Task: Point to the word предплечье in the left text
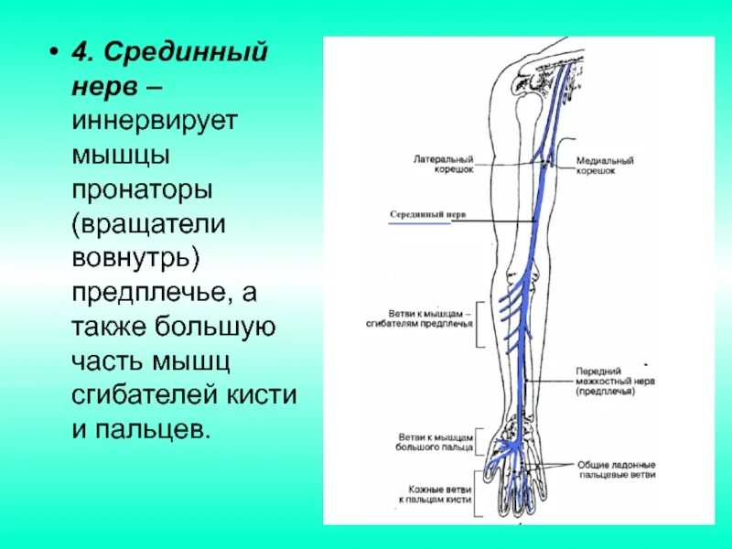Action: tap(145, 292)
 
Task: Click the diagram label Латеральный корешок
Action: tap(444, 164)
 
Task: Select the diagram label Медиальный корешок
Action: tap(604, 166)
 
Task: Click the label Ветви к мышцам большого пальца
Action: tap(436, 443)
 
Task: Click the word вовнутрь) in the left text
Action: tap(136, 258)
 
